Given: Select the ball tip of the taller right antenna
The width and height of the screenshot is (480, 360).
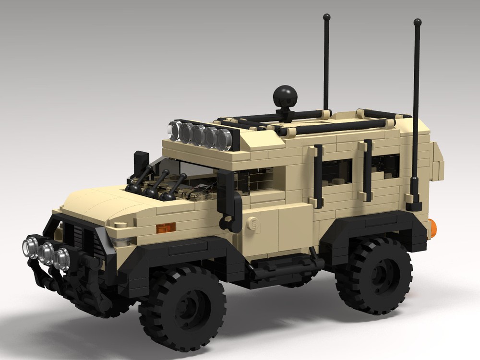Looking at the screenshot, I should click(x=417, y=22).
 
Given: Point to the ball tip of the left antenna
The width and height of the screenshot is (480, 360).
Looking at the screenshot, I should click(x=326, y=17).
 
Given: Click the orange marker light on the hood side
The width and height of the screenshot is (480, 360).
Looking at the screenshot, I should click(x=167, y=226).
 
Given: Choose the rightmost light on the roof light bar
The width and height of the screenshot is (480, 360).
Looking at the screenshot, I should click(x=224, y=139).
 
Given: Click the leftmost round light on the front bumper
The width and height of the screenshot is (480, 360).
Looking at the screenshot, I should click(x=30, y=247).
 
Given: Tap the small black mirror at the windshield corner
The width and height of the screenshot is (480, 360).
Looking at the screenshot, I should click(x=142, y=161).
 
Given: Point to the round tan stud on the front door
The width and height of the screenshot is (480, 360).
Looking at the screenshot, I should click(x=252, y=224).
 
